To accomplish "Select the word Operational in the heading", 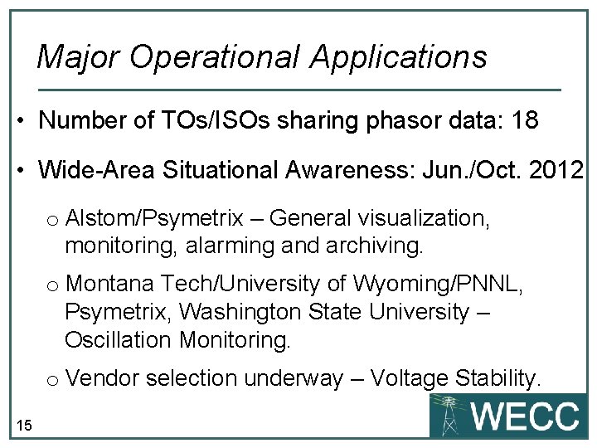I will (216, 57).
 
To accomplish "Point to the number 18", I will (525, 121).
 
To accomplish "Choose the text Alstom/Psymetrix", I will (154, 219).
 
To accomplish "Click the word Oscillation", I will (116, 340).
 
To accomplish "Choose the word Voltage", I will (410, 378).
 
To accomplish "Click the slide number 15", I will (24, 426).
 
